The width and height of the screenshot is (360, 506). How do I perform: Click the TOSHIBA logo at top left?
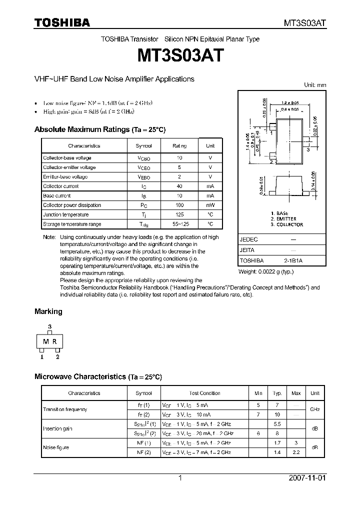tap(62, 22)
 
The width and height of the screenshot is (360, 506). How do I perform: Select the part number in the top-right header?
tap(305, 23)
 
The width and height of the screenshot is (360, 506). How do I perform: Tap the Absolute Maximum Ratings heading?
tap(99, 129)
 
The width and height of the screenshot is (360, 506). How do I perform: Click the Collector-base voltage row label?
tap(67, 158)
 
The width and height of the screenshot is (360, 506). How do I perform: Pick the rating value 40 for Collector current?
tap(179, 186)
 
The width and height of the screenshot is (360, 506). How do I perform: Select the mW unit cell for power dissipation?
tap(210, 205)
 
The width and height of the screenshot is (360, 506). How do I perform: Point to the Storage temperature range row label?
tap(72, 224)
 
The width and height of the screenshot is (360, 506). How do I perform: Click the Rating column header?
tap(179, 146)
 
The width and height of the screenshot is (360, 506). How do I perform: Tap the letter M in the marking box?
tap(45, 342)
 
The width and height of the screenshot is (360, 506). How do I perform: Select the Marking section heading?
tap(48, 311)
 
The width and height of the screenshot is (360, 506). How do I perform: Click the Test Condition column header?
tap(204, 393)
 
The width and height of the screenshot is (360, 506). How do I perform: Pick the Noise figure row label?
tap(56, 447)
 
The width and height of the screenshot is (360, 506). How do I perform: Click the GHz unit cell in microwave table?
tap(314, 409)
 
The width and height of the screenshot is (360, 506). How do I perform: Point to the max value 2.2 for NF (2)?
tap(296, 452)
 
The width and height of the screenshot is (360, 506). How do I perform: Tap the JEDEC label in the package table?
tap(248, 239)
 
